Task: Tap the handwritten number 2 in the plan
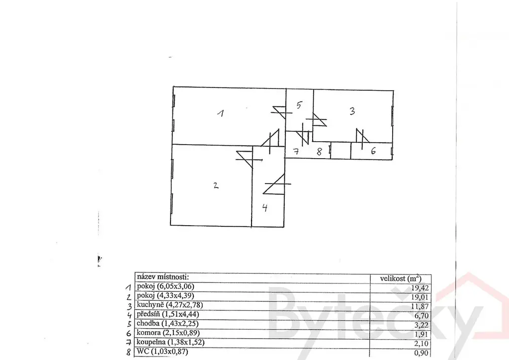[x=215, y=185]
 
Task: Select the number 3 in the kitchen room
[x=351, y=111]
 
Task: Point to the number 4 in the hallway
[x=265, y=208]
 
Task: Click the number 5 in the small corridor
[x=299, y=105]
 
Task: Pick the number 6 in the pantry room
[x=372, y=151]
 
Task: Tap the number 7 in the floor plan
[x=295, y=152]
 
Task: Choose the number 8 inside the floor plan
[x=320, y=152]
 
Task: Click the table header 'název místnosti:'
[x=163, y=277]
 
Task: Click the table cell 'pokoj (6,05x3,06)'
[x=167, y=286]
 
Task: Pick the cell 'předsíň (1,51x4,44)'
[x=169, y=314]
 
